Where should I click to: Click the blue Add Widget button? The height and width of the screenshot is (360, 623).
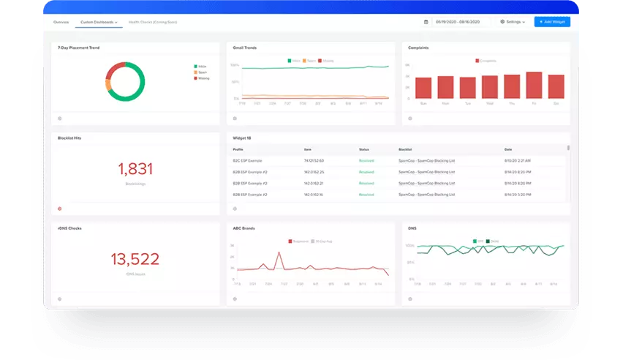point(551,22)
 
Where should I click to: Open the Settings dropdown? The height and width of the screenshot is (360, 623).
point(512,22)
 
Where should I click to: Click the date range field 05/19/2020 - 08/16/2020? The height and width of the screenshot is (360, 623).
point(462,22)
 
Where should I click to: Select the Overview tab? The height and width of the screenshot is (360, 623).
point(61,23)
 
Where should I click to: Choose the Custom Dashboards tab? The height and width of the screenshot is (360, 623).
point(99,23)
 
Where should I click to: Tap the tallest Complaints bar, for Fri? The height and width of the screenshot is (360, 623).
point(535,85)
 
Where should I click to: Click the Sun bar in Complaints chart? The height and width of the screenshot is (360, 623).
point(423,88)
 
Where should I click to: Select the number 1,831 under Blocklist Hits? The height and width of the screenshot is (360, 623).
point(135,169)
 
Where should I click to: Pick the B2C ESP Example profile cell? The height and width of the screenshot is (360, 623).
point(247,160)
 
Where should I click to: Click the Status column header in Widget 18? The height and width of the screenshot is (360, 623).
point(364,149)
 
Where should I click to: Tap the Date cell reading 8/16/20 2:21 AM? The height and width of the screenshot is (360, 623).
point(517,160)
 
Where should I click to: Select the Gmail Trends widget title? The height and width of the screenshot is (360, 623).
point(245,48)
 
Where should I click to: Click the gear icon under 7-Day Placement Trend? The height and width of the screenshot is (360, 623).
point(60,117)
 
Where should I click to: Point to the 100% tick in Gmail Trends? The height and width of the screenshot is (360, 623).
point(235,65)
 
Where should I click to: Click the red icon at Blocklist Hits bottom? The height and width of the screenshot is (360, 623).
point(60,208)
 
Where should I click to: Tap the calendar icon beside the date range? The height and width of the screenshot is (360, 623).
point(426,22)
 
